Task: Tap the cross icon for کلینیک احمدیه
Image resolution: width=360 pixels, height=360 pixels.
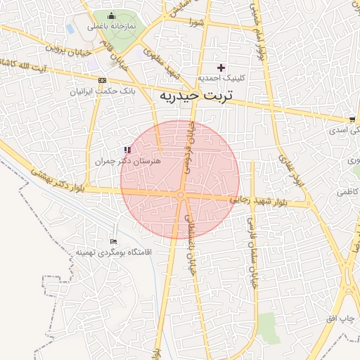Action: tap(221, 68)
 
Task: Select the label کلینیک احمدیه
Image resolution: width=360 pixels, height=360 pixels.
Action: tap(221, 79)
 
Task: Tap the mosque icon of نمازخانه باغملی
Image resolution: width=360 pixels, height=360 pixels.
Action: tap(110, 15)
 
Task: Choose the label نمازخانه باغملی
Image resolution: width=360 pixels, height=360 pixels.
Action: tap(110, 26)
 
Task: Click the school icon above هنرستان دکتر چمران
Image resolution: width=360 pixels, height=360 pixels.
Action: tap(127, 150)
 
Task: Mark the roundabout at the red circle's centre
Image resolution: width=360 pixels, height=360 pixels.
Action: tap(181, 195)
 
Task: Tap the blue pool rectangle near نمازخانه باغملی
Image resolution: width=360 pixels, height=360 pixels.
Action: tap(71, 29)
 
